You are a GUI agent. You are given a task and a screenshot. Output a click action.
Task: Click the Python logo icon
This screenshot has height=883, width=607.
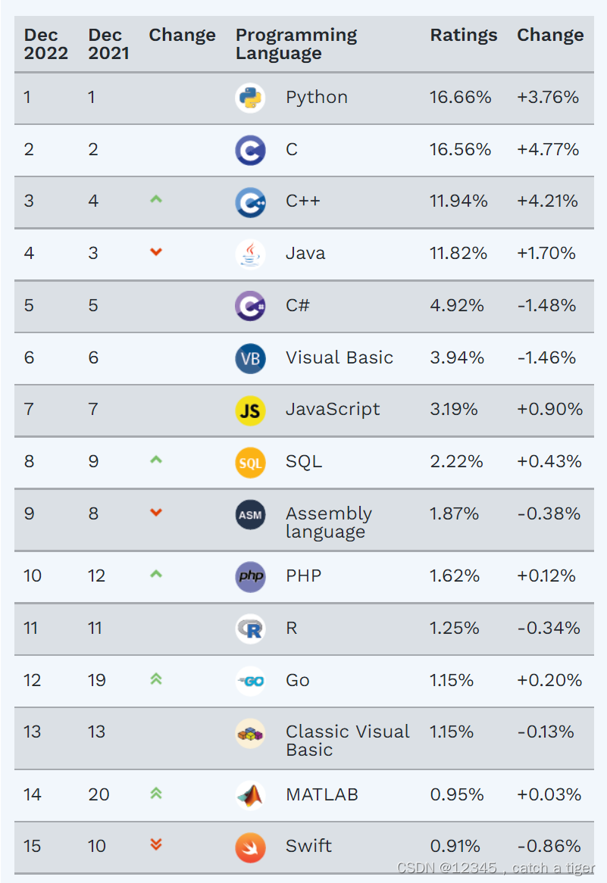pyautogui.click(x=250, y=98)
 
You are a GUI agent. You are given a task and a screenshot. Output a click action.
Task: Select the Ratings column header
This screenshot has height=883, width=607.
pyautogui.click(x=464, y=36)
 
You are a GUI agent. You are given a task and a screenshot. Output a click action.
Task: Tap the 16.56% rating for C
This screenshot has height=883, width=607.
pyautogui.click(x=460, y=150)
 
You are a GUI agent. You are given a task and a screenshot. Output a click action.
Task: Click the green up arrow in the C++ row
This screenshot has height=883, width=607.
pyautogui.click(x=156, y=200)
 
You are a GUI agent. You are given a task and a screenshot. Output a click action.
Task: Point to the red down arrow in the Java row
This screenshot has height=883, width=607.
pyautogui.click(x=156, y=252)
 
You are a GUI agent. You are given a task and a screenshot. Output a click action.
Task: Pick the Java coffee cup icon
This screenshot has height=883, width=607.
pyautogui.click(x=250, y=254)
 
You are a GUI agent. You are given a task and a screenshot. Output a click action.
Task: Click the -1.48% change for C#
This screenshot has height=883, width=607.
pyautogui.click(x=546, y=306)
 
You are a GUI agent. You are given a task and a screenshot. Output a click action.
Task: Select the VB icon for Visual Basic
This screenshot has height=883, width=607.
pyautogui.click(x=250, y=358)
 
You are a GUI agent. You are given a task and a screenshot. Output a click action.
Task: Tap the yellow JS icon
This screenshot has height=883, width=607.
pyautogui.click(x=250, y=410)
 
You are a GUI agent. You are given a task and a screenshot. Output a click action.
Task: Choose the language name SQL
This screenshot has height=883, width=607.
pyautogui.click(x=304, y=462)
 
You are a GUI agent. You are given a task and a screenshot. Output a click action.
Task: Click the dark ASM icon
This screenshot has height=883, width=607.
pyautogui.click(x=250, y=515)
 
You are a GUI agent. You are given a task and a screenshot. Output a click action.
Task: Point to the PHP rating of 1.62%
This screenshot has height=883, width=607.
pyautogui.click(x=455, y=576)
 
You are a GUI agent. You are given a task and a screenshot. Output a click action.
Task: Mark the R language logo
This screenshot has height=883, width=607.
pyautogui.click(x=250, y=629)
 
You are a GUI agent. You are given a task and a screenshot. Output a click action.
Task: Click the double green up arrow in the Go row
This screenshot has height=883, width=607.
pyautogui.click(x=156, y=679)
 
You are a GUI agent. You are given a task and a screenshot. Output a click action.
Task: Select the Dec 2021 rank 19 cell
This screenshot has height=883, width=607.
pyautogui.click(x=97, y=681)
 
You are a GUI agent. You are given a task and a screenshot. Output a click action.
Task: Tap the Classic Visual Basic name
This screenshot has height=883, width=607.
pyautogui.click(x=347, y=741)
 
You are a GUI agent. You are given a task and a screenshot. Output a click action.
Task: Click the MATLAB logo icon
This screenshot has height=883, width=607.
pyautogui.click(x=250, y=794)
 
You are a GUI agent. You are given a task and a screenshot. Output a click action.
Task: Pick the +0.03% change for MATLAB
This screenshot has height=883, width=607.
pyautogui.click(x=549, y=795)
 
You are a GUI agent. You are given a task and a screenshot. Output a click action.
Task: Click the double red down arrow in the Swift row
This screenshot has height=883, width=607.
pyautogui.click(x=156, y=844)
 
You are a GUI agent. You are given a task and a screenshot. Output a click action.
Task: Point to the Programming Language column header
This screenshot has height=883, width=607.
pyautogui.click(x=296, y=44)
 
